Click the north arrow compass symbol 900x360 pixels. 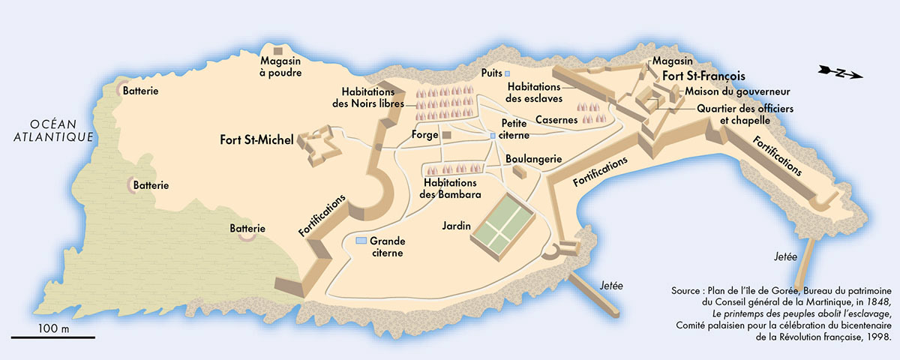[x=841, y=73]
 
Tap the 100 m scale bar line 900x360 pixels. [x=52, y=337]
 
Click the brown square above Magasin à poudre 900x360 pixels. [x=277, y=50]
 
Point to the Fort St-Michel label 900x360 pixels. [x=256, y=139]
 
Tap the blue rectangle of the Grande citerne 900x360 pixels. [x=361, y=241]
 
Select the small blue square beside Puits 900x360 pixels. [x=507, y=73]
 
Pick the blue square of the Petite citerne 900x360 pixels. [x=492, y=136]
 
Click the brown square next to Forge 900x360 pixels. [x=445, y=135]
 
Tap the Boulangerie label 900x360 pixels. [x=534, y=159]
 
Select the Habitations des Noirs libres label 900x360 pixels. [x=368, y=97]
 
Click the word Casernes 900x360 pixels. [x=556, y=120]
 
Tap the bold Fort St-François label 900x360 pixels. [x=702, y=76]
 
